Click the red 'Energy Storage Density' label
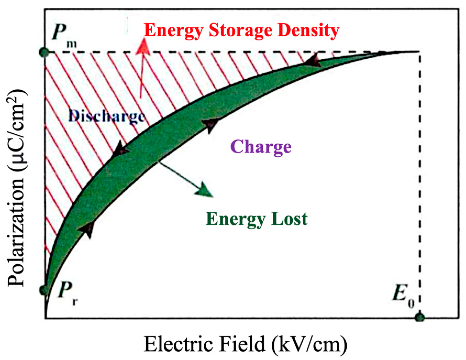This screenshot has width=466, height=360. (x=241, y=31)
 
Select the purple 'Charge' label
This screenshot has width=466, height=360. (x=261, y=147)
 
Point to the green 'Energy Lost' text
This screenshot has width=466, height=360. (x=257, y=219)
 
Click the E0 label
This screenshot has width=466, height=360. (x=403, y=299)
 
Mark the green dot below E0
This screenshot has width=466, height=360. (x=420, y=318)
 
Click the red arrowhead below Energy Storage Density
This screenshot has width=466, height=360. (x=143, y=47)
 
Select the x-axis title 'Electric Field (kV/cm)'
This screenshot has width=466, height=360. (x=245, y=344)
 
